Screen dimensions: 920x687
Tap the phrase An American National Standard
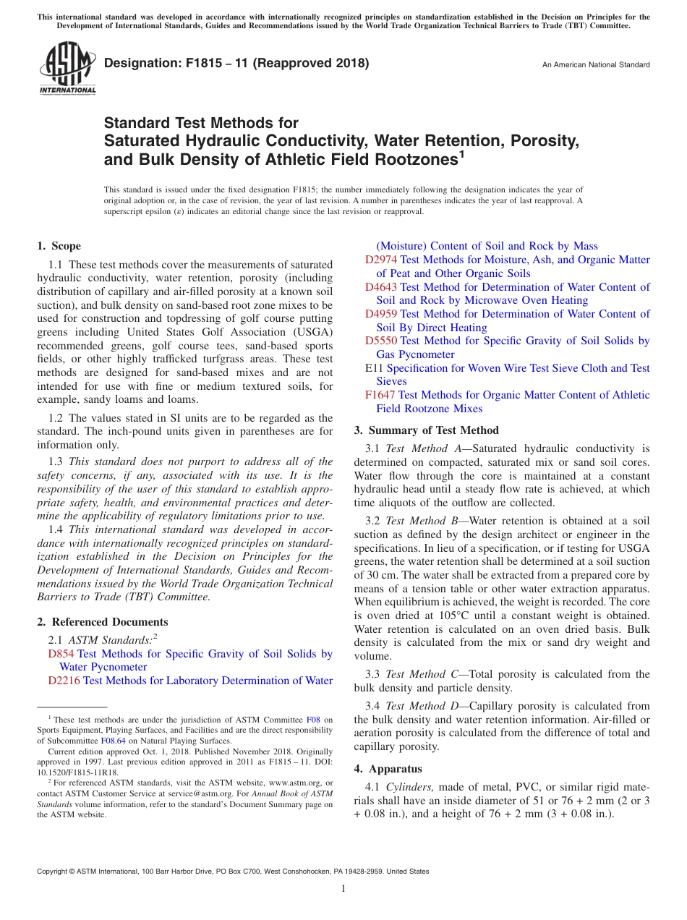tap(596, 65)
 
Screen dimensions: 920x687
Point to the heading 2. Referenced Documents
tap(102, 622)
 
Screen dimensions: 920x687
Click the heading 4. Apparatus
tap(388, 769)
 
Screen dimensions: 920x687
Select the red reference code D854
tap(61, 654)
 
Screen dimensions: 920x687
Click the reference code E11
tap(374, 368)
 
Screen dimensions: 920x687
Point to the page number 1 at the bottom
tap(343, 888)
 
